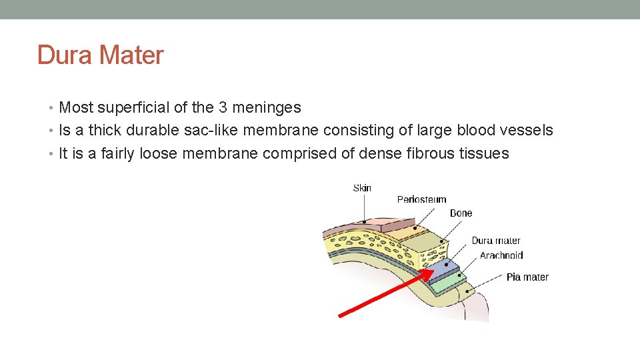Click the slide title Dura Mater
coord(100,55)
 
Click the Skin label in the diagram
coord(362,188)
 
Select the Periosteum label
coord(421,199)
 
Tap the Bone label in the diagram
coord(461,213)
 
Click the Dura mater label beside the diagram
coord(495,241)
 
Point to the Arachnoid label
coord(501,255)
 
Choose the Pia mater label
coord(527,277)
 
